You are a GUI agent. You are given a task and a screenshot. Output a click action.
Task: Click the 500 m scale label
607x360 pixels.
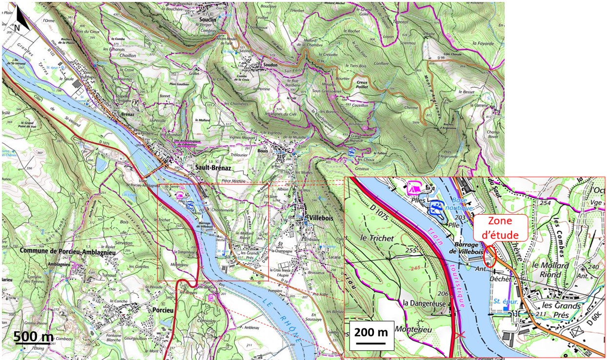tap(33, 337)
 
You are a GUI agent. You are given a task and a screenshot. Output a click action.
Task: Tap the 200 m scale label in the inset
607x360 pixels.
tap(371, 333)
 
